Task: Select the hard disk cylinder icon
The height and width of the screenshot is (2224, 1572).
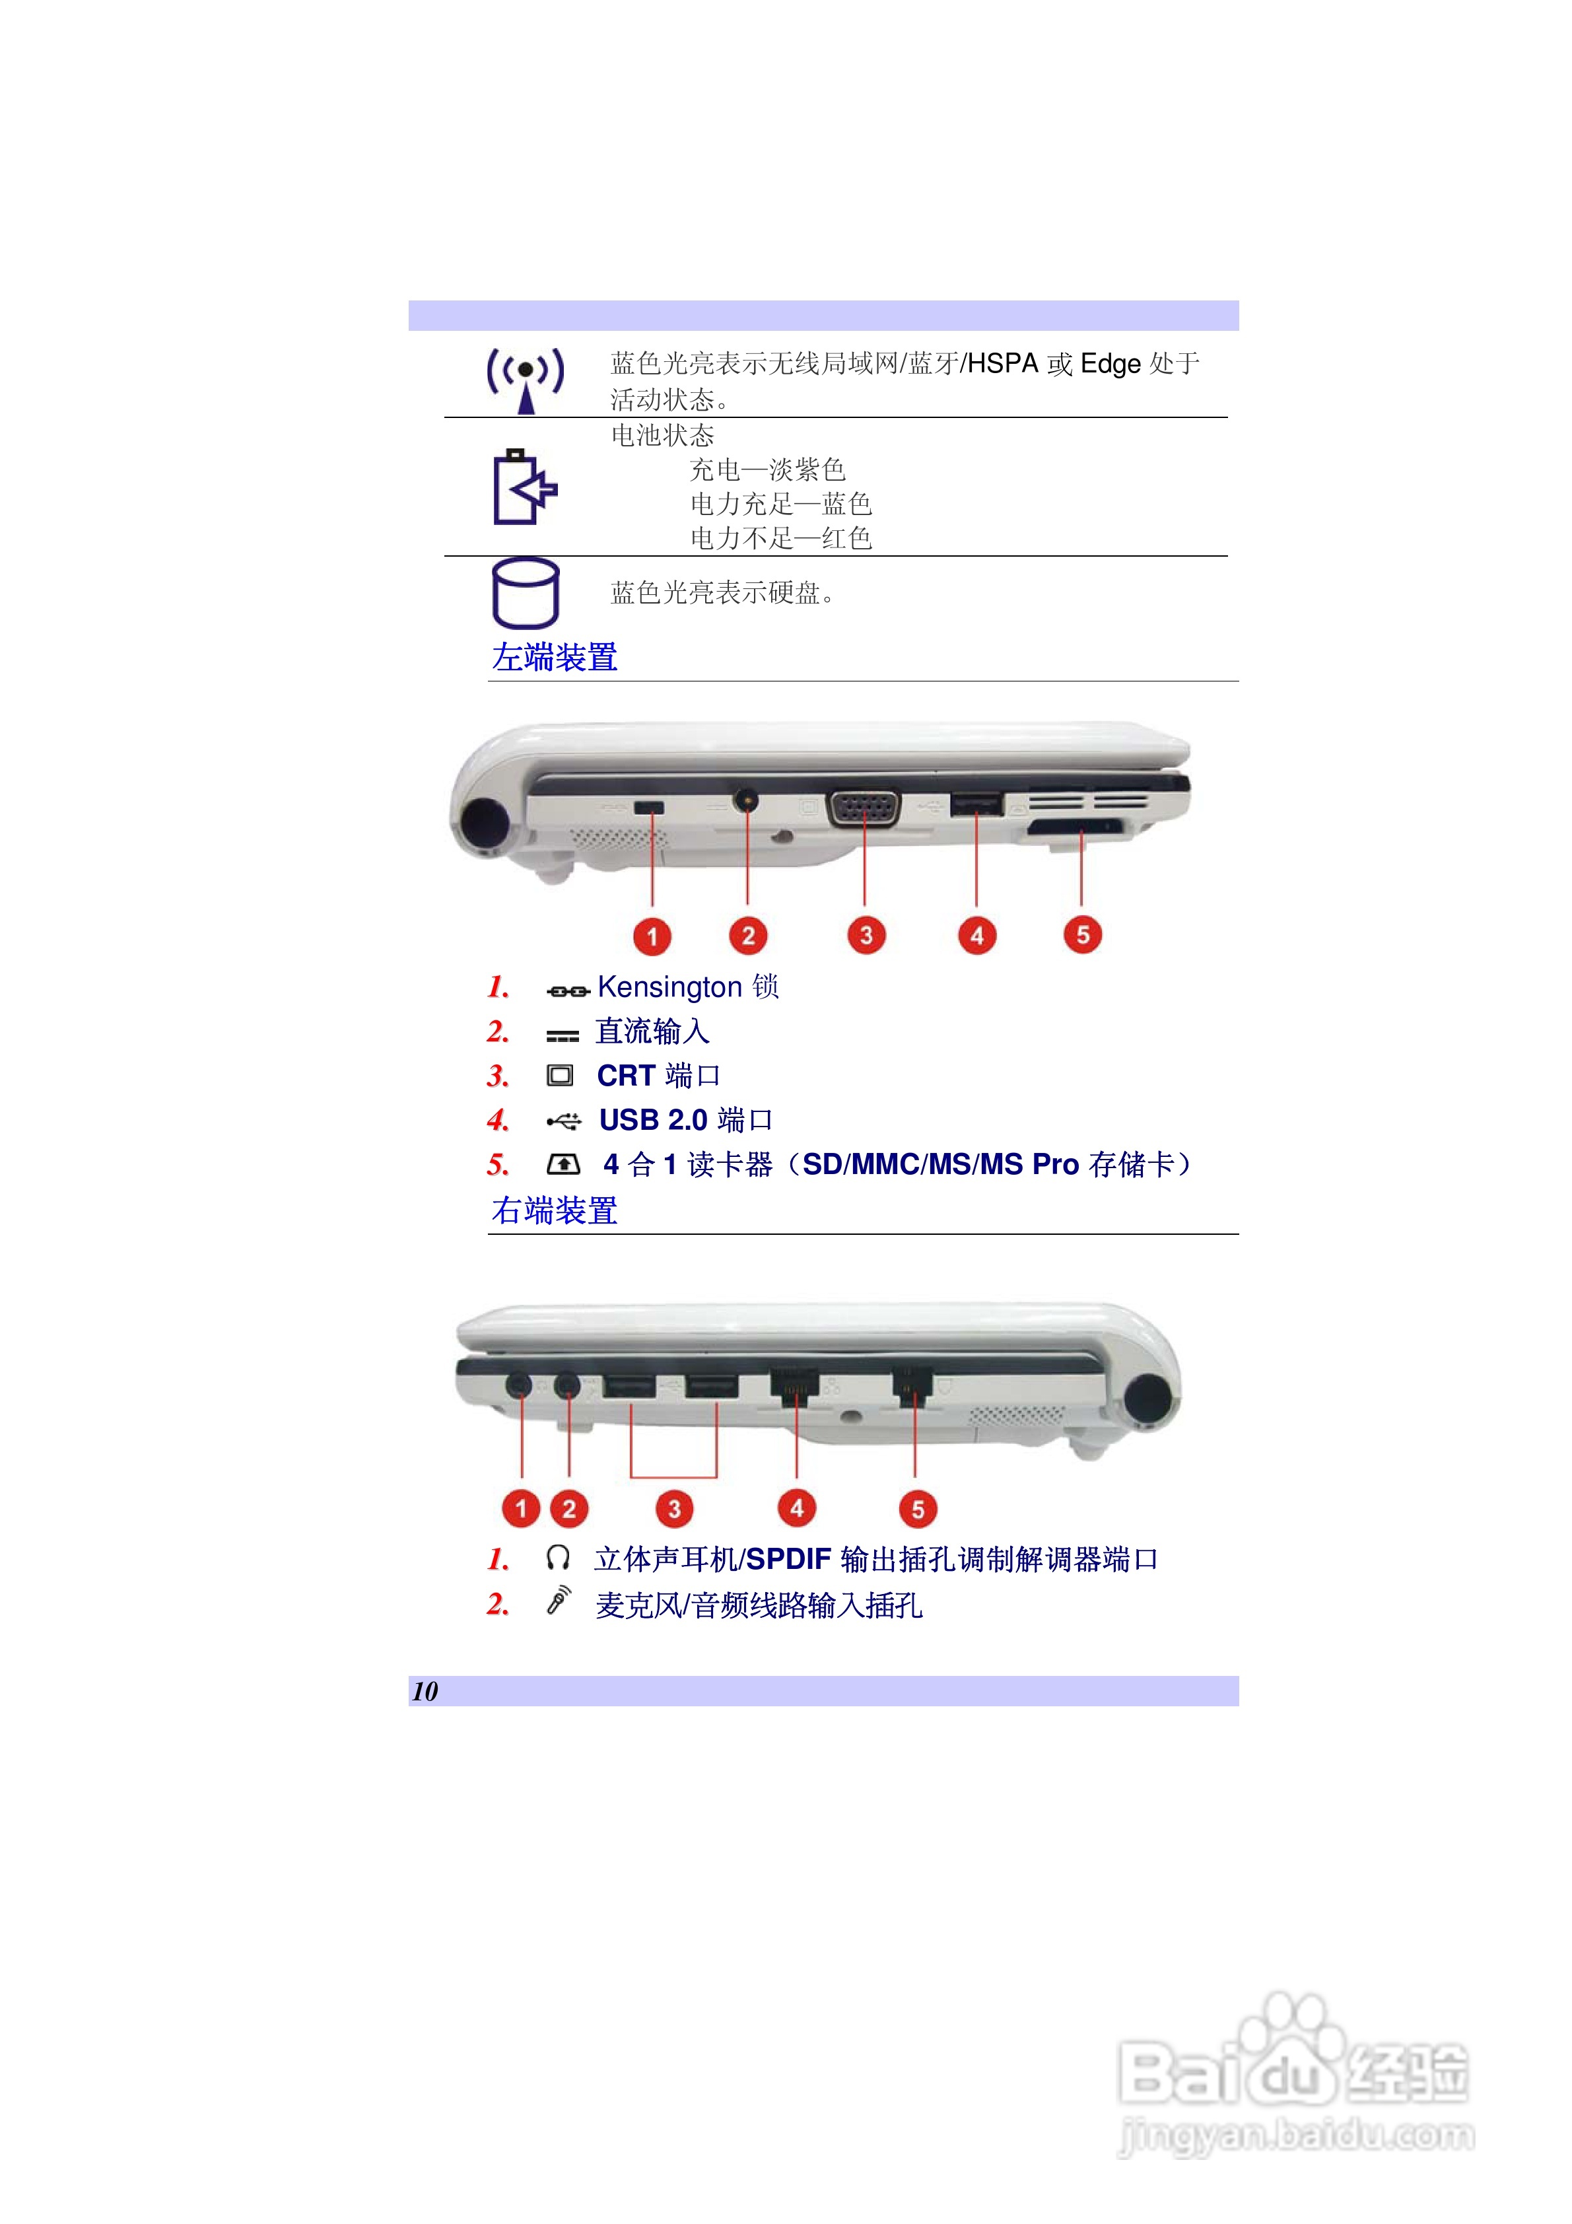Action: coord(525,593)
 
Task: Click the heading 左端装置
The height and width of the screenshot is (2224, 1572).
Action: coord(554,658)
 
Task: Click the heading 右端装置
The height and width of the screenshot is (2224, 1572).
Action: coord(554,1211)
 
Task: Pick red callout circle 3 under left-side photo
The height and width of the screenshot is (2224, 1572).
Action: coord(866,936)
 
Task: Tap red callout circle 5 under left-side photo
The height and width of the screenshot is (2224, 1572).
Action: coord(1082,935)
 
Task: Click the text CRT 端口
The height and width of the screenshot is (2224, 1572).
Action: coord(658,1076)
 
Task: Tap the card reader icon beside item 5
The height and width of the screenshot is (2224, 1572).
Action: coord(564,1164)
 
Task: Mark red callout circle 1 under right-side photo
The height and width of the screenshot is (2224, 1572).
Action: coord(521,1508)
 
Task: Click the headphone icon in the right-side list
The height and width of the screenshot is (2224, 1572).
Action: coord(558,1558)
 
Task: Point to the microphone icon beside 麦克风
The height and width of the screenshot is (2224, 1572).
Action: coord(559,1601)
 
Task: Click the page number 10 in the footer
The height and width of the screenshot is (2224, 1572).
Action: coord(425,1691)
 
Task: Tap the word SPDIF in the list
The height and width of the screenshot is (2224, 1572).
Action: coord(788,1560)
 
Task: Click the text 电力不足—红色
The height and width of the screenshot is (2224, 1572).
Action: coord(780,539)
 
